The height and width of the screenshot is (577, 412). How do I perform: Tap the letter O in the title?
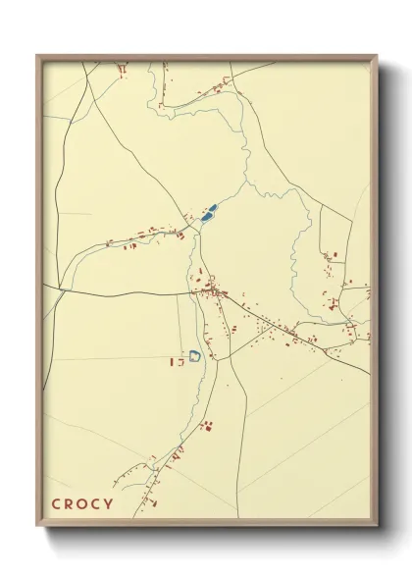[81, 504]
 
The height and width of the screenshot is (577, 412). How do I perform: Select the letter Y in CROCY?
[108, 504]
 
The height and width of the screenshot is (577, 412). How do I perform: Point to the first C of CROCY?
[56, 504]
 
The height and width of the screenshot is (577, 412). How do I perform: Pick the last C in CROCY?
[95, 504]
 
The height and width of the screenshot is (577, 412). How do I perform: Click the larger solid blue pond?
[209, 210]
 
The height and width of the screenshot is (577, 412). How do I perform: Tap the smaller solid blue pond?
[203, 220]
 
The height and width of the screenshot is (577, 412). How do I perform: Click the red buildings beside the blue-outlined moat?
[178, 362]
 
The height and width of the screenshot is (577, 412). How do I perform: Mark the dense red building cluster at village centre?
[211, 290]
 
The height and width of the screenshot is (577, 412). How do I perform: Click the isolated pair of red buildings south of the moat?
[207, 425]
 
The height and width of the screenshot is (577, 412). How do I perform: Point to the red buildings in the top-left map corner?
[122, 70]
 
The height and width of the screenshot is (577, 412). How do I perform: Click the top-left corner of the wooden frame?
[37, 55]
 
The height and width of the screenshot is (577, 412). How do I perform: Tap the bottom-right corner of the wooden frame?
[377, 526]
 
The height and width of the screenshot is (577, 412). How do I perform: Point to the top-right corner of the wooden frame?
[377, 55]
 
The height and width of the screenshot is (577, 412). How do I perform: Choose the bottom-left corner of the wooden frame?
[37, 526]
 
